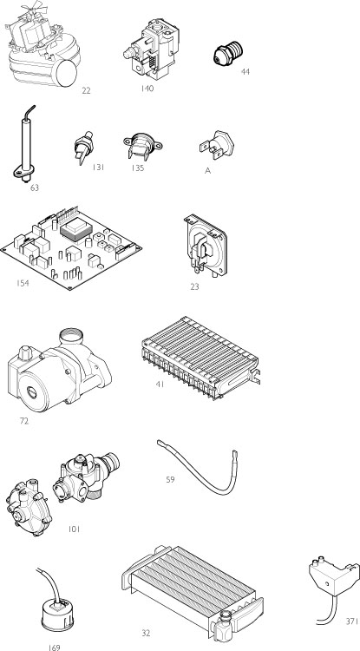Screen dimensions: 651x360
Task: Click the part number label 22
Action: point(85,90)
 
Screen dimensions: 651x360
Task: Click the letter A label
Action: point(207,171)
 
